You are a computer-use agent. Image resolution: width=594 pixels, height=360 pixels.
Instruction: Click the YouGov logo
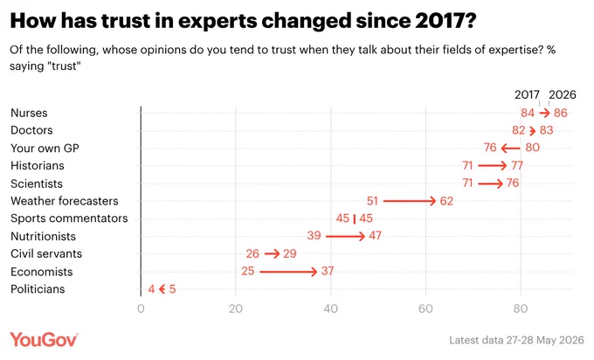[44, 340]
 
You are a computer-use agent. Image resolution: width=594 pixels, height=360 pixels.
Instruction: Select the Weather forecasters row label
[65, 201]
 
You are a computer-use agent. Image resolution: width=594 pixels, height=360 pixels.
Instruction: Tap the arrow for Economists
[288, 272]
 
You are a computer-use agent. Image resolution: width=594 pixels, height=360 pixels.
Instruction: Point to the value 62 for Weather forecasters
[446, 201]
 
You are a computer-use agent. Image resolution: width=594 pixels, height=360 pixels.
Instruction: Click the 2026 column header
[563, 94]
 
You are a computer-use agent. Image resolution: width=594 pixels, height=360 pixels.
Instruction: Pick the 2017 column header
[527, 94]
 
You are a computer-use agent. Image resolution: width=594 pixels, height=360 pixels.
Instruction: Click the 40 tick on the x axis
[331, 308]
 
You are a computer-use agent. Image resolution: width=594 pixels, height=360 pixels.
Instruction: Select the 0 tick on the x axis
[141, 308]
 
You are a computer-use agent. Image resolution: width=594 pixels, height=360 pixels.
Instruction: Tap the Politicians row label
[38, 289]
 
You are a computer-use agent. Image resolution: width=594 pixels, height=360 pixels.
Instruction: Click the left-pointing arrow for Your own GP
[511, 149]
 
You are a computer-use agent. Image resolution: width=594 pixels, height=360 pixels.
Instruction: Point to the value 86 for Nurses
[561, 113]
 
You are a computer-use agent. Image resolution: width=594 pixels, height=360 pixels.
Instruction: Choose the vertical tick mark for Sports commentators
[354, 218]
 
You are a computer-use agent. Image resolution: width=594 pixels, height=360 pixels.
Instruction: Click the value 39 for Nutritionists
[314, 236]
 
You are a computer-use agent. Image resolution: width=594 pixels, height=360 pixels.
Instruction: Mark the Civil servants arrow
[272, 253]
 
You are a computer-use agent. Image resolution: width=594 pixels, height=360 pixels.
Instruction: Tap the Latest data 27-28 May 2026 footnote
[517, 340]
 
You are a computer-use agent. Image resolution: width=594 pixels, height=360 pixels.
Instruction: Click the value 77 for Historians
[517, 165]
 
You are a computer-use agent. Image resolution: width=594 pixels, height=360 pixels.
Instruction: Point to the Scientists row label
[37, 183]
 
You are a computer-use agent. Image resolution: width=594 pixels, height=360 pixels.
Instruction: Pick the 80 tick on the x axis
[521, 308]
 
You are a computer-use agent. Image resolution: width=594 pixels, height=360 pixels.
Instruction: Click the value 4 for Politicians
[151, 289]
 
